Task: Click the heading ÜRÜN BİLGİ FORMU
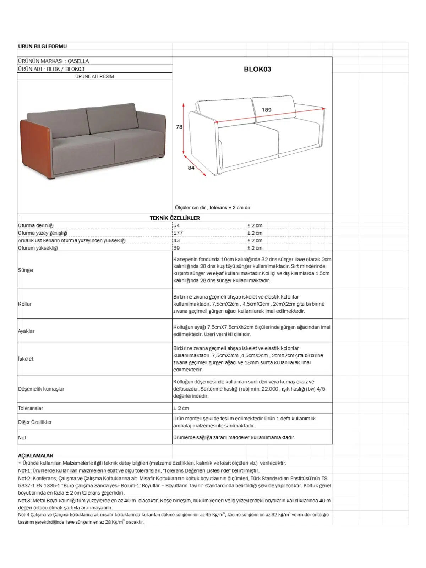(42, 46)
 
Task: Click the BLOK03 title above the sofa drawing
(257, 69)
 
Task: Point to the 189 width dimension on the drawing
(267, 110)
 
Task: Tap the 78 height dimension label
(179, 127)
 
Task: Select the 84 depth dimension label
(191, 168)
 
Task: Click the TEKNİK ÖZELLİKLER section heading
(175, 218)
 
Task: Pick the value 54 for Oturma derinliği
(176, 225)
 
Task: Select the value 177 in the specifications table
(178, 233)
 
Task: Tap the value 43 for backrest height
(176, 240)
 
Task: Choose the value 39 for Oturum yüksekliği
(176, 248)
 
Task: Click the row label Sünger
(26, 270)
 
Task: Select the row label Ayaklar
(26, 331)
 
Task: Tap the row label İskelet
(26, 359)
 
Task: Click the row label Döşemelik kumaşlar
(41, 389)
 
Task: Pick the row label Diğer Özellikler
(35, 422)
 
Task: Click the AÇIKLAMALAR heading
(35, 455)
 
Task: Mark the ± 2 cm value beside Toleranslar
(181, 408)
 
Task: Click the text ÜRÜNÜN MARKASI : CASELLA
(54, 61)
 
